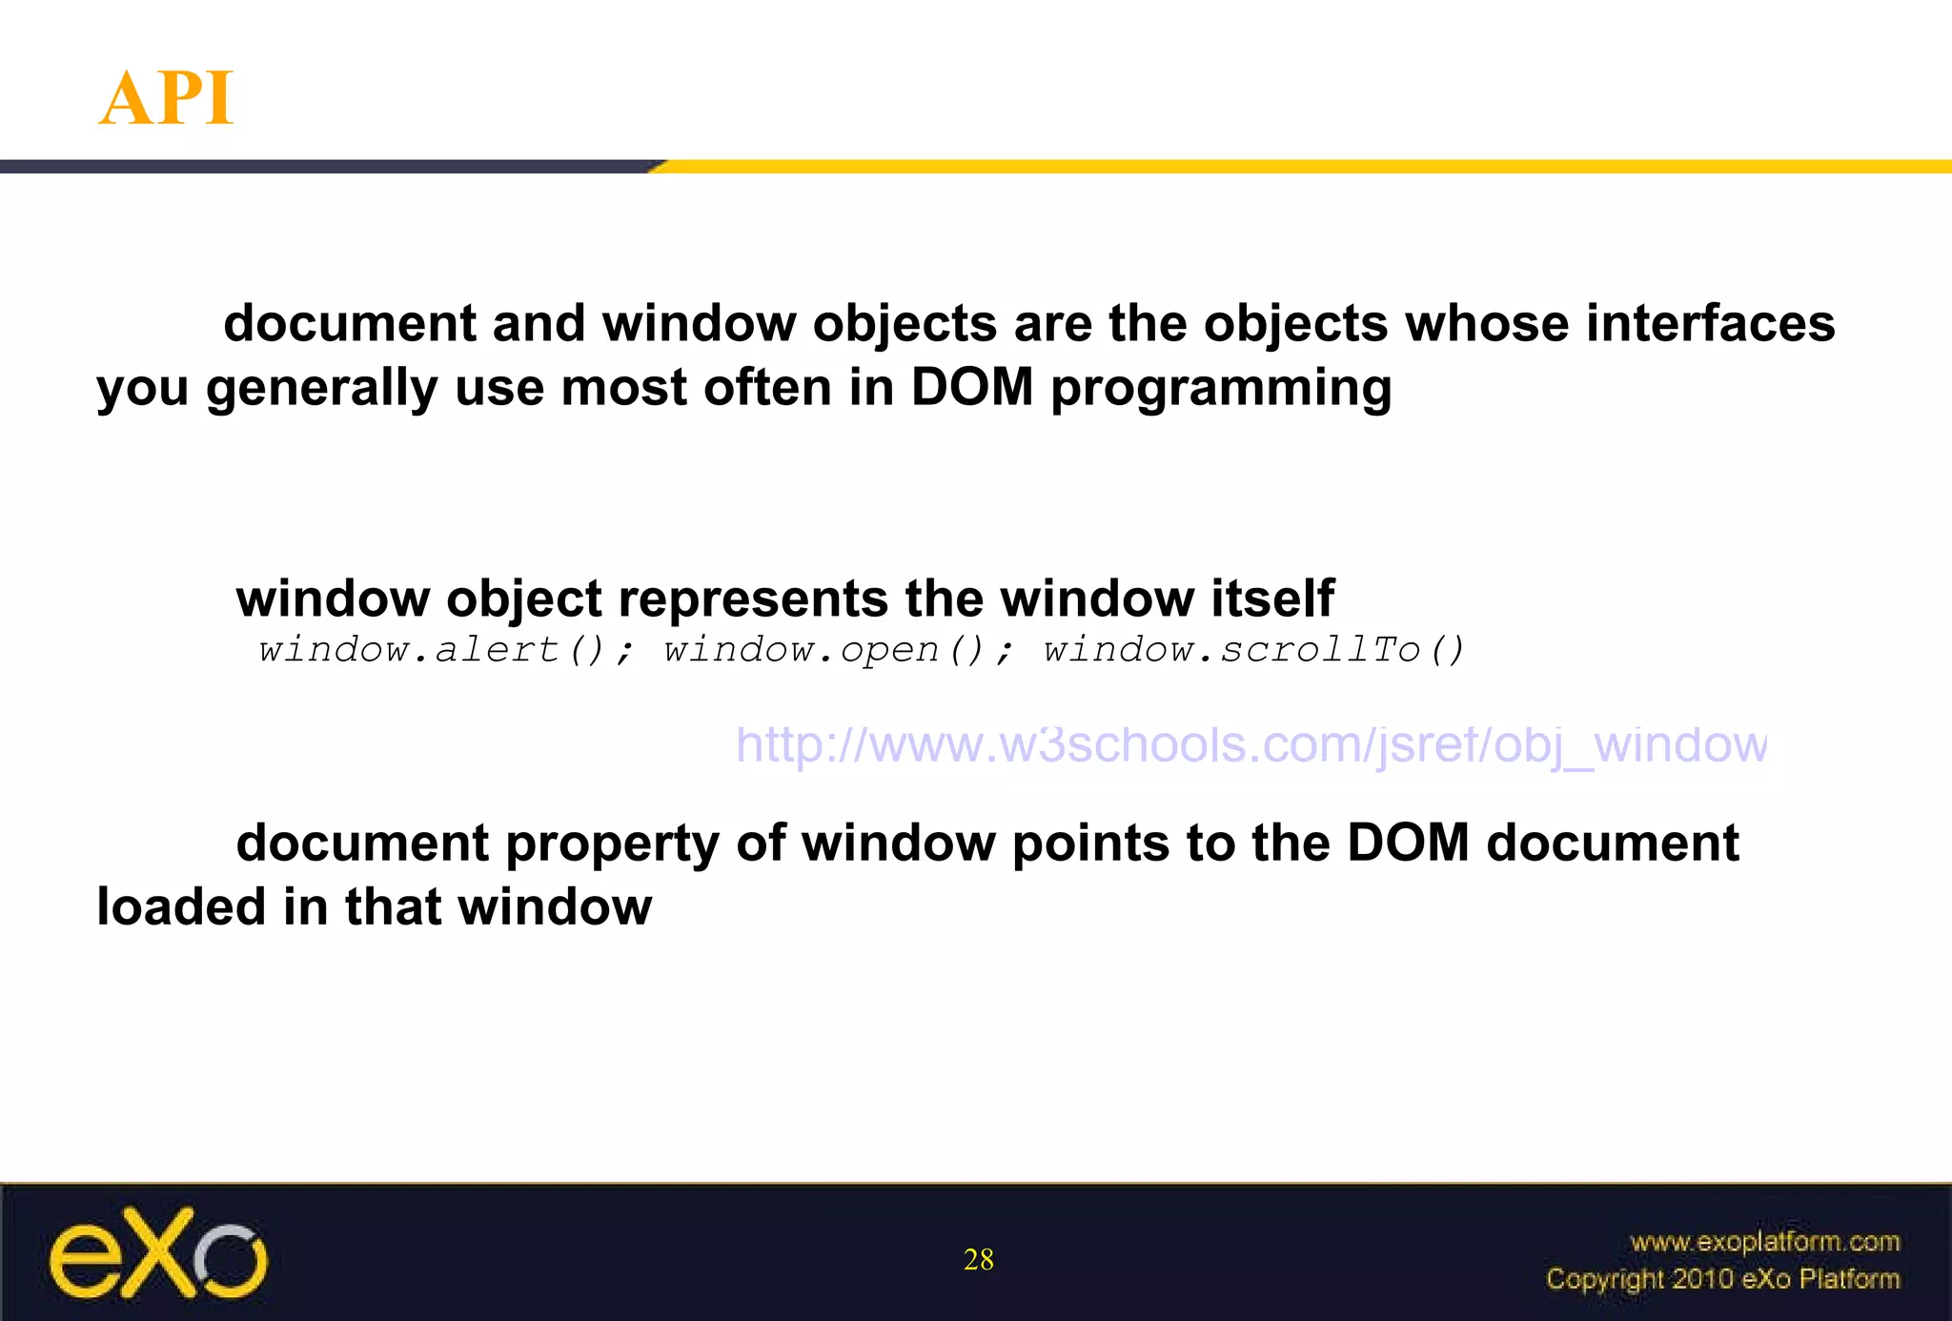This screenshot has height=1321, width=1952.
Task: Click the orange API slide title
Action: click(167, 98)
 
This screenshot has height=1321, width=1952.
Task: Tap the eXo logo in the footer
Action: click(158, 1253)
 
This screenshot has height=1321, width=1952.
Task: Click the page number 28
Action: click(978, 1260)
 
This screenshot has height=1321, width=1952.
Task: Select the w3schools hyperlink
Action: click(1250, 744)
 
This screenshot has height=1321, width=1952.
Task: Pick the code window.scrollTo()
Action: click(1253, 650)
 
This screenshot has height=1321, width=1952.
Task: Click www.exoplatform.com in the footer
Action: click(1764, 1242)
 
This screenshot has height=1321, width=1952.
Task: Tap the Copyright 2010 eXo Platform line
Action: click(1722, 1279)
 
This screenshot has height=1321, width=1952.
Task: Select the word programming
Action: click(1220, 388)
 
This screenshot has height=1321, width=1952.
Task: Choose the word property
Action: click(612, 843)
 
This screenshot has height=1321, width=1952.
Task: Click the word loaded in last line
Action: click(181, 906)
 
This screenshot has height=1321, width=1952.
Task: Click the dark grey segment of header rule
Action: click(324, 167)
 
